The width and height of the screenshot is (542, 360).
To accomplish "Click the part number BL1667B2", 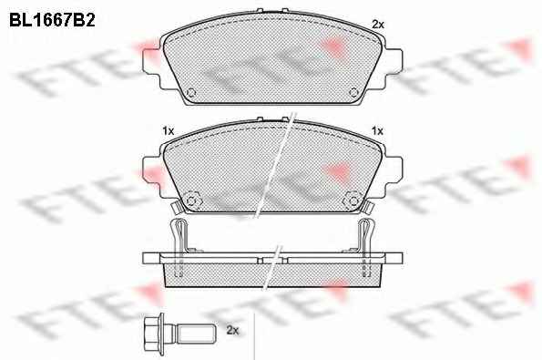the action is coord(52,20).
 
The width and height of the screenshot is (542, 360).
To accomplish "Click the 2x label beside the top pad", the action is coord(378,25).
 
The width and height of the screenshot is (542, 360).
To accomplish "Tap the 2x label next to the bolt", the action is coord(232,330).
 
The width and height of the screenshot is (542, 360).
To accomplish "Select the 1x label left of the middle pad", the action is coord(168,131).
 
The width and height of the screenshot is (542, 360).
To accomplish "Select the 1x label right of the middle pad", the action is coord(377,131).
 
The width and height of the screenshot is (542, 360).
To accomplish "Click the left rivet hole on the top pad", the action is coord(191,93).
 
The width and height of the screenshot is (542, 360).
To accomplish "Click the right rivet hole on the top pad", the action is coord(353,92).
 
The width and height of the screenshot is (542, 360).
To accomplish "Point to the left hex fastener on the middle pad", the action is coord(191,201).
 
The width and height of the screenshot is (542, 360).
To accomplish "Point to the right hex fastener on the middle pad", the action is coord(353,201).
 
